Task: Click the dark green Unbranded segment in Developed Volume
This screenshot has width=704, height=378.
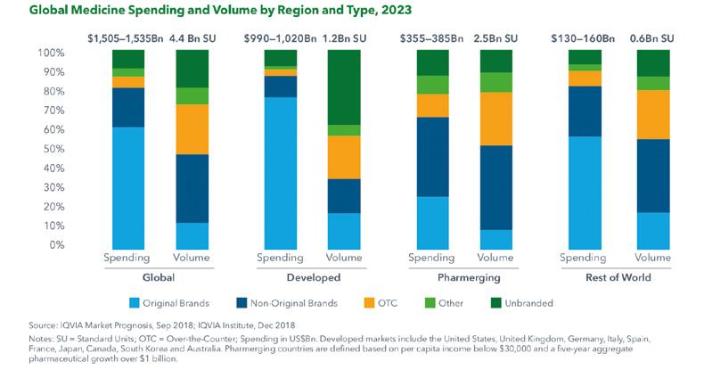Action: [344, 87]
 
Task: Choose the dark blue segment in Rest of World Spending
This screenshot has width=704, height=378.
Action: [585, 111]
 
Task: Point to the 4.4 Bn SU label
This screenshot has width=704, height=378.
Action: [192, 38]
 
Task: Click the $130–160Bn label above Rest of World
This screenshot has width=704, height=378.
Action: [585, 38]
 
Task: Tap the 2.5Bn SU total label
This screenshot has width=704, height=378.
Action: [495, 38]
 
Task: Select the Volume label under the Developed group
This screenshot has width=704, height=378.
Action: [344, 259]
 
